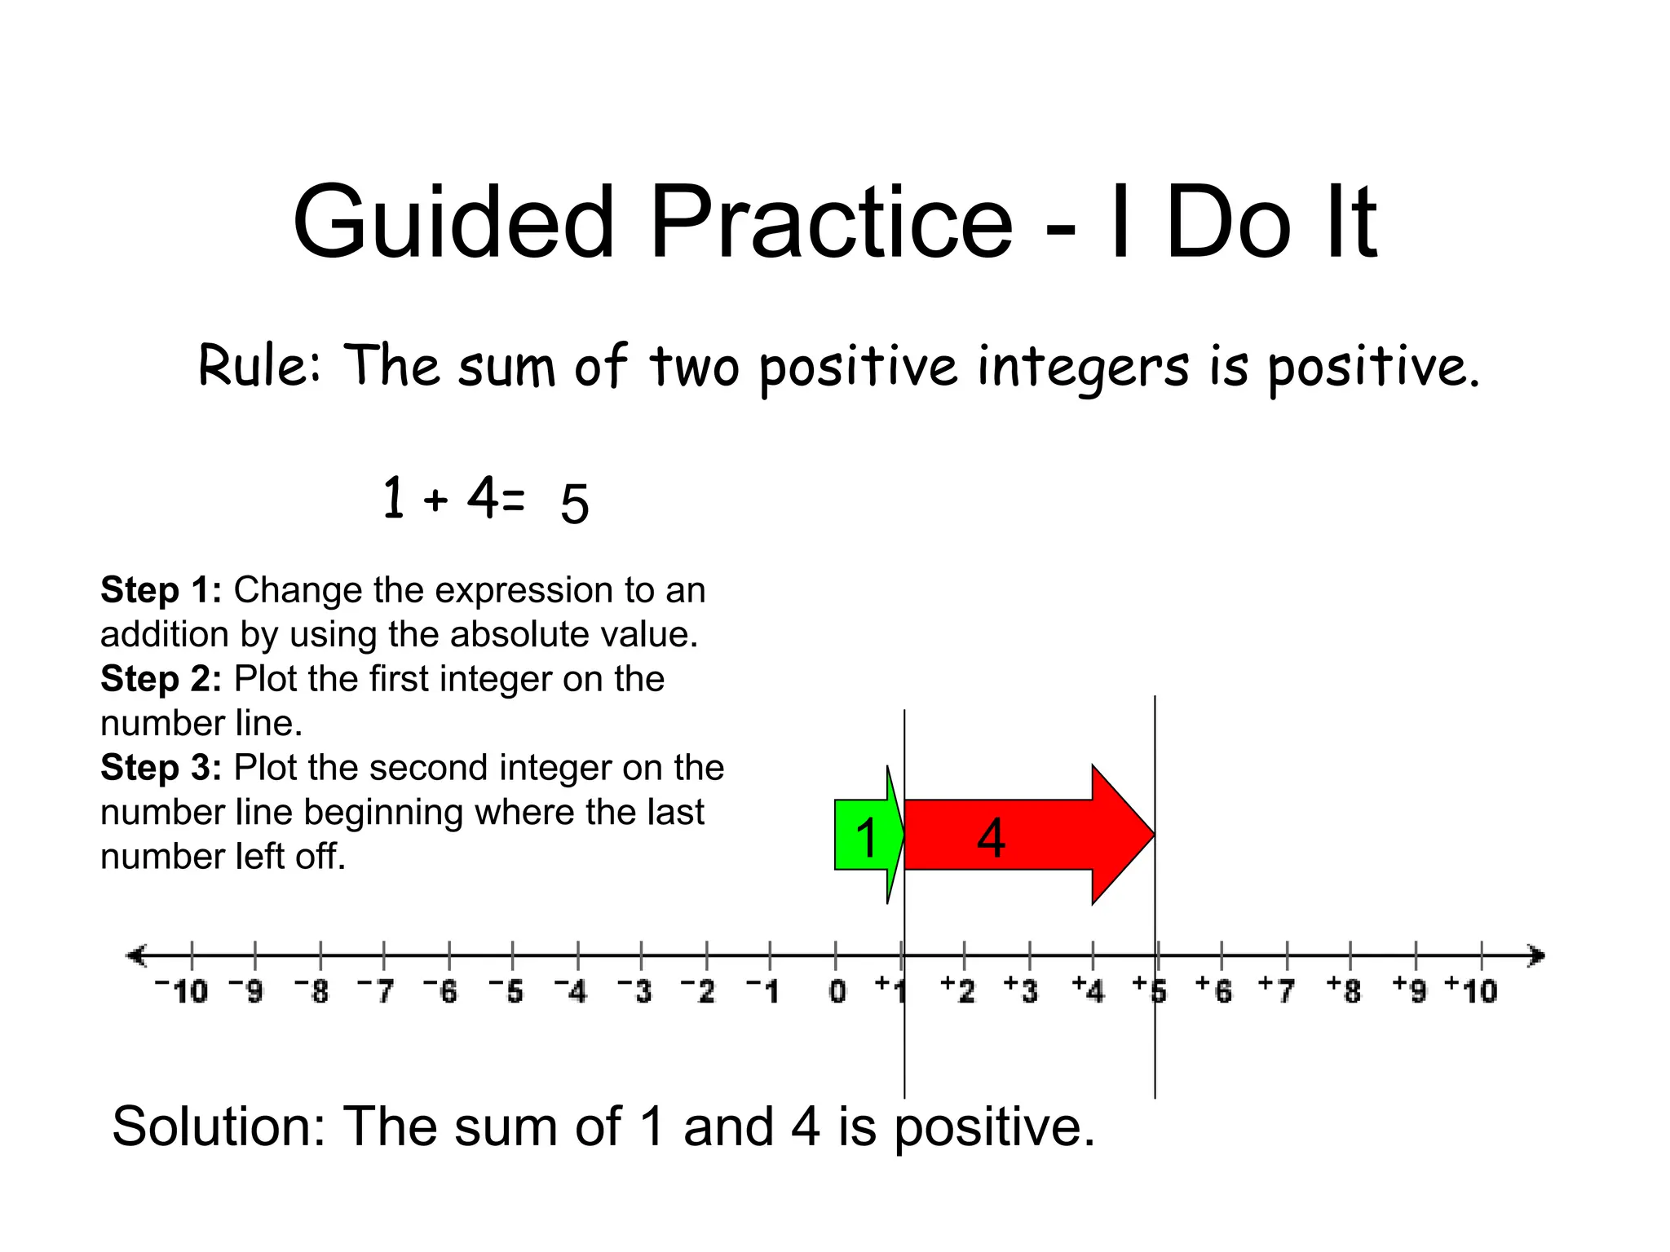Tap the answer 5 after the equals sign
pyautogui.click(x=574, y=503)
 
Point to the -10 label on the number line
pyautogui.click(x=183, y=991)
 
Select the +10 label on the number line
pyautogui.click(x=1472, y=990)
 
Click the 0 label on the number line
pyautogui.click(x=837, y=991)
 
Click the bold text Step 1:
pyautogui.click(x=161, y=589)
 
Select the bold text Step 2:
pyautogui.click(x=161, y=678)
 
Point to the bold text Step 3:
pyautogui.click(x=161, y=767)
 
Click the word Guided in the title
pyautogui.click(x=453, y=222)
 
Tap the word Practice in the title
pyautogui.click(x=831, y=222)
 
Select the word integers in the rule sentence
pyautogui.click(x=1084, y=367)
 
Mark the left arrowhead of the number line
pyautogui.click(x=135, y=955)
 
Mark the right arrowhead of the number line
pyautogui.click(x=1536, y=955)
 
